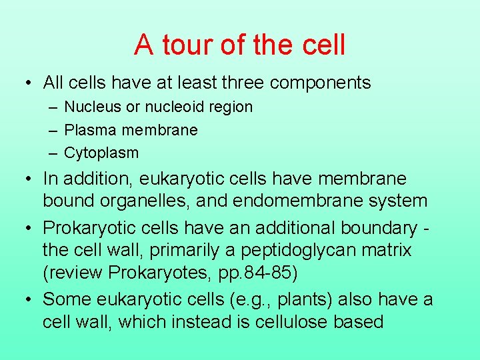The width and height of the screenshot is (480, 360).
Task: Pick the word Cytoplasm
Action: [101, 153]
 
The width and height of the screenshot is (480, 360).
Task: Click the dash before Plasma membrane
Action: [53, 129]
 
